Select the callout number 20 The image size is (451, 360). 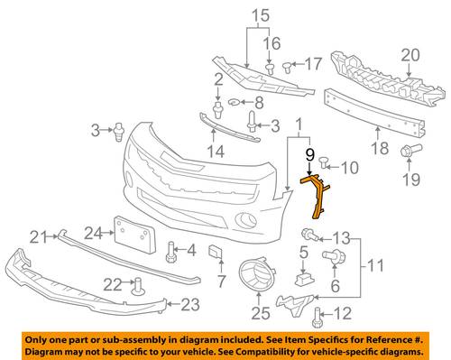(410, 56)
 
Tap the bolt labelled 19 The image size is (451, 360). (411, 150)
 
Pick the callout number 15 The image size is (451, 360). (261, 15)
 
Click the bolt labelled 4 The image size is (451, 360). (171, 253)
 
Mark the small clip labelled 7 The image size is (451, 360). (216, 252)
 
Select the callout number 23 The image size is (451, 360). (190, 304)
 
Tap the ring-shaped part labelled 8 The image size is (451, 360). (234, 103)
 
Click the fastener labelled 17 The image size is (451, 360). (287, 67)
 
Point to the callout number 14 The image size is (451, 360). (216, 152)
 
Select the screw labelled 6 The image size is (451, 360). (334, 256)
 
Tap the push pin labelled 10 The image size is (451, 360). (324, 162)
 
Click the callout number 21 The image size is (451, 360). (39, 237)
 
